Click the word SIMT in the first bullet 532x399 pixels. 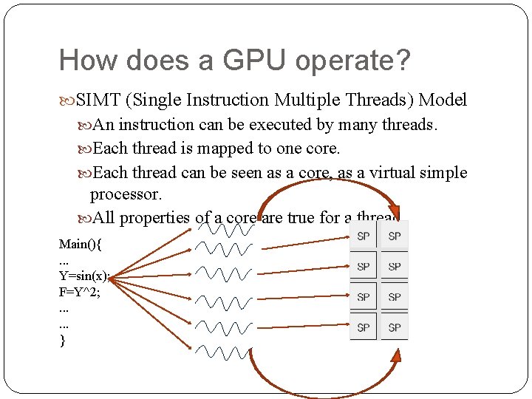coord(99,100)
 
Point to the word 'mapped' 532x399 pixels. coord(225,149)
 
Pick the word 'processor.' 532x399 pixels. coord(125,194)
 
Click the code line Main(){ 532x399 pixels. coord(81,244)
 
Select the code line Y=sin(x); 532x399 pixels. coord(84,276)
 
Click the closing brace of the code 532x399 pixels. coord(62,340)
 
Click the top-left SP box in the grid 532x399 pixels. coord(363,236)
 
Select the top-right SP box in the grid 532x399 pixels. coord(395,236)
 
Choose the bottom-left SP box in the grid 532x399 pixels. coord(363,327)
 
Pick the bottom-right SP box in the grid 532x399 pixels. coord(395,327)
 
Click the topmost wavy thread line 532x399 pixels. coord(225,228)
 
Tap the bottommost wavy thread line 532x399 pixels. coord(225,351)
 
